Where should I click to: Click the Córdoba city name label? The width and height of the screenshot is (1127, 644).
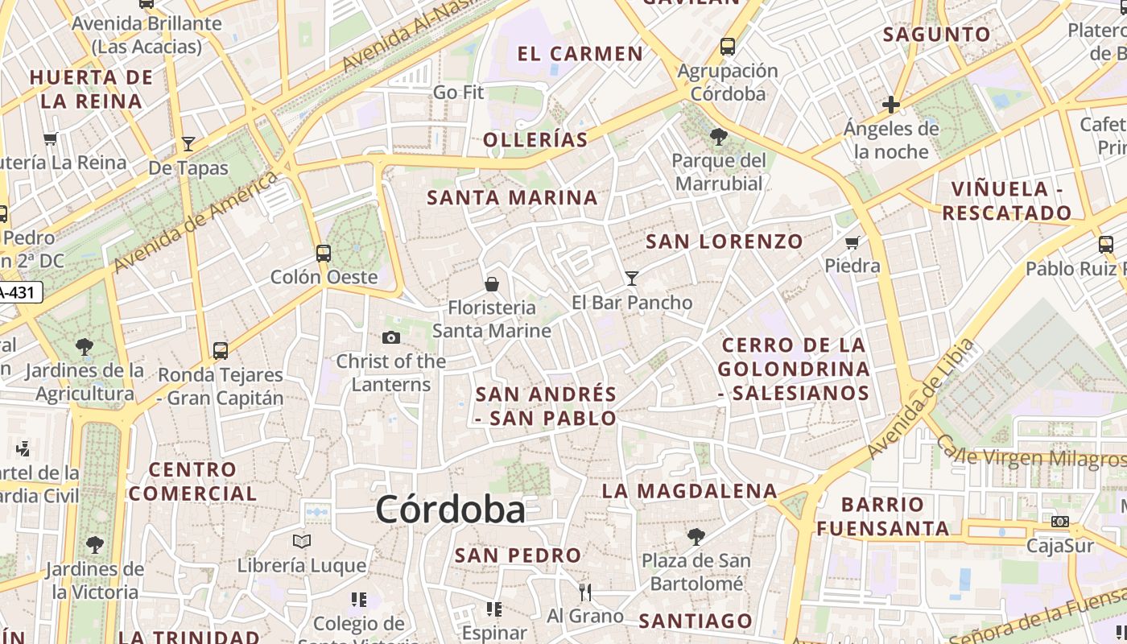pos(450,510)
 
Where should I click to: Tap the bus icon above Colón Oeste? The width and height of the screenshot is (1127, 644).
pos(324,254)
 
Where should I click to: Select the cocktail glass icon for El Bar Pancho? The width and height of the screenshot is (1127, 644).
pos(632,279)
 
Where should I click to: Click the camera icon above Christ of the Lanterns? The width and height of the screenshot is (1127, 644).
pos(391,337)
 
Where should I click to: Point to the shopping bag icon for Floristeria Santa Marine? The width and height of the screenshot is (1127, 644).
pos(492,284)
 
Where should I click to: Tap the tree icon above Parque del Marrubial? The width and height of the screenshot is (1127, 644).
pos(719,137)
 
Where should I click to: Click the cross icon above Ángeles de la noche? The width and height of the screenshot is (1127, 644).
pos(891,105)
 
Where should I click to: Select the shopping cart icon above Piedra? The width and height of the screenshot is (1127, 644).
pos(852,242)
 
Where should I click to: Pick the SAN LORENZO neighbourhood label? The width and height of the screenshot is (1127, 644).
pos(724,242)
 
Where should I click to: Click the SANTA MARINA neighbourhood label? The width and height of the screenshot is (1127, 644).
pos(513,198)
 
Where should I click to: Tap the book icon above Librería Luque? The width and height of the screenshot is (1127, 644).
pos(302,542)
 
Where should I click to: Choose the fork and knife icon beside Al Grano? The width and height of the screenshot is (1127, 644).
pos(585,592)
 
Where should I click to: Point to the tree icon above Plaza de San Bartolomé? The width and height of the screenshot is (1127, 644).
pos(696,536)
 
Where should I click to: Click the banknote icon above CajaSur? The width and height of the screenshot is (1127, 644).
pos(1060,522)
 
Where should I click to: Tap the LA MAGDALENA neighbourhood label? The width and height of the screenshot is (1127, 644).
pos(690,491)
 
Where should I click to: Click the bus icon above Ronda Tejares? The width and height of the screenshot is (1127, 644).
pos(221,351)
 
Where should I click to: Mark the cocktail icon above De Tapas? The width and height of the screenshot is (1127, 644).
pos(188,144)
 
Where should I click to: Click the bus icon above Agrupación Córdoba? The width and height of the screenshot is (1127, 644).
pos(728,47)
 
